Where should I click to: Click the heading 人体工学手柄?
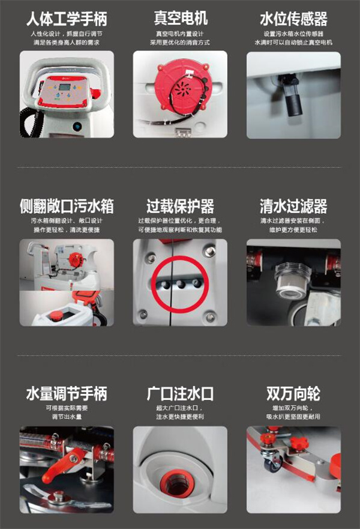click(67, 19)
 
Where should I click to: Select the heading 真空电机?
click(181, 18)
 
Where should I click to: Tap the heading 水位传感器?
click(293, 19)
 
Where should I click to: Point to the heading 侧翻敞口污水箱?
click(67, 206)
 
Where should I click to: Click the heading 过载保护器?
click(181, 206)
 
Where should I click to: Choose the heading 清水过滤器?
click(293, 206)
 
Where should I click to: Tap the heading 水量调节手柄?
click(67, 393)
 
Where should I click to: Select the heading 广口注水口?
click(181, 393)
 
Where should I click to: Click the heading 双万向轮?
click(293, 393)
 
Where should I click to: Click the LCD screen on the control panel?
click(64, 86)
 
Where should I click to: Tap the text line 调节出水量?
click(67, 417)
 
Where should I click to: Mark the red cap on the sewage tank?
click(55, 316)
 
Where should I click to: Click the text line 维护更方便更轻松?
click(293, 230)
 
